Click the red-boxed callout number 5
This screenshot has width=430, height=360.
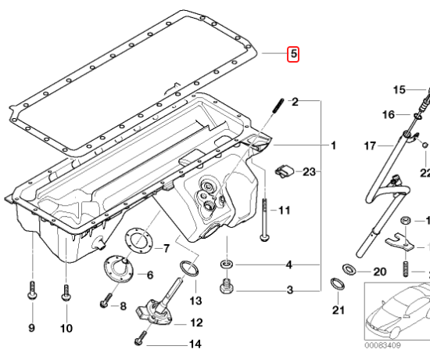[293, 54]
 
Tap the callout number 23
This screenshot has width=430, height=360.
[309, 172]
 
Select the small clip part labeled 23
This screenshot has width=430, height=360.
[284, 171]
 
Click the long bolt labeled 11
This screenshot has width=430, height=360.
[264, 220]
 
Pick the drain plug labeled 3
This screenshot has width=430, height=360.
[227, 286]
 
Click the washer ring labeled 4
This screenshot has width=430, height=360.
[227, 265]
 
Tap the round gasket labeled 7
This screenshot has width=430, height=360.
[139, 241]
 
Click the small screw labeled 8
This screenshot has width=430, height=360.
[106, 301]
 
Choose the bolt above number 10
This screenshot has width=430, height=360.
[66, 293]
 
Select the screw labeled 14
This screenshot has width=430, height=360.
[141, 338]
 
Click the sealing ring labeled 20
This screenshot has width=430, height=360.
[349, 269]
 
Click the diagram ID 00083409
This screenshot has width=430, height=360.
[382, 345]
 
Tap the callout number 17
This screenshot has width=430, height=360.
[370, 146]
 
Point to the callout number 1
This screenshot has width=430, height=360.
[333, 146]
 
